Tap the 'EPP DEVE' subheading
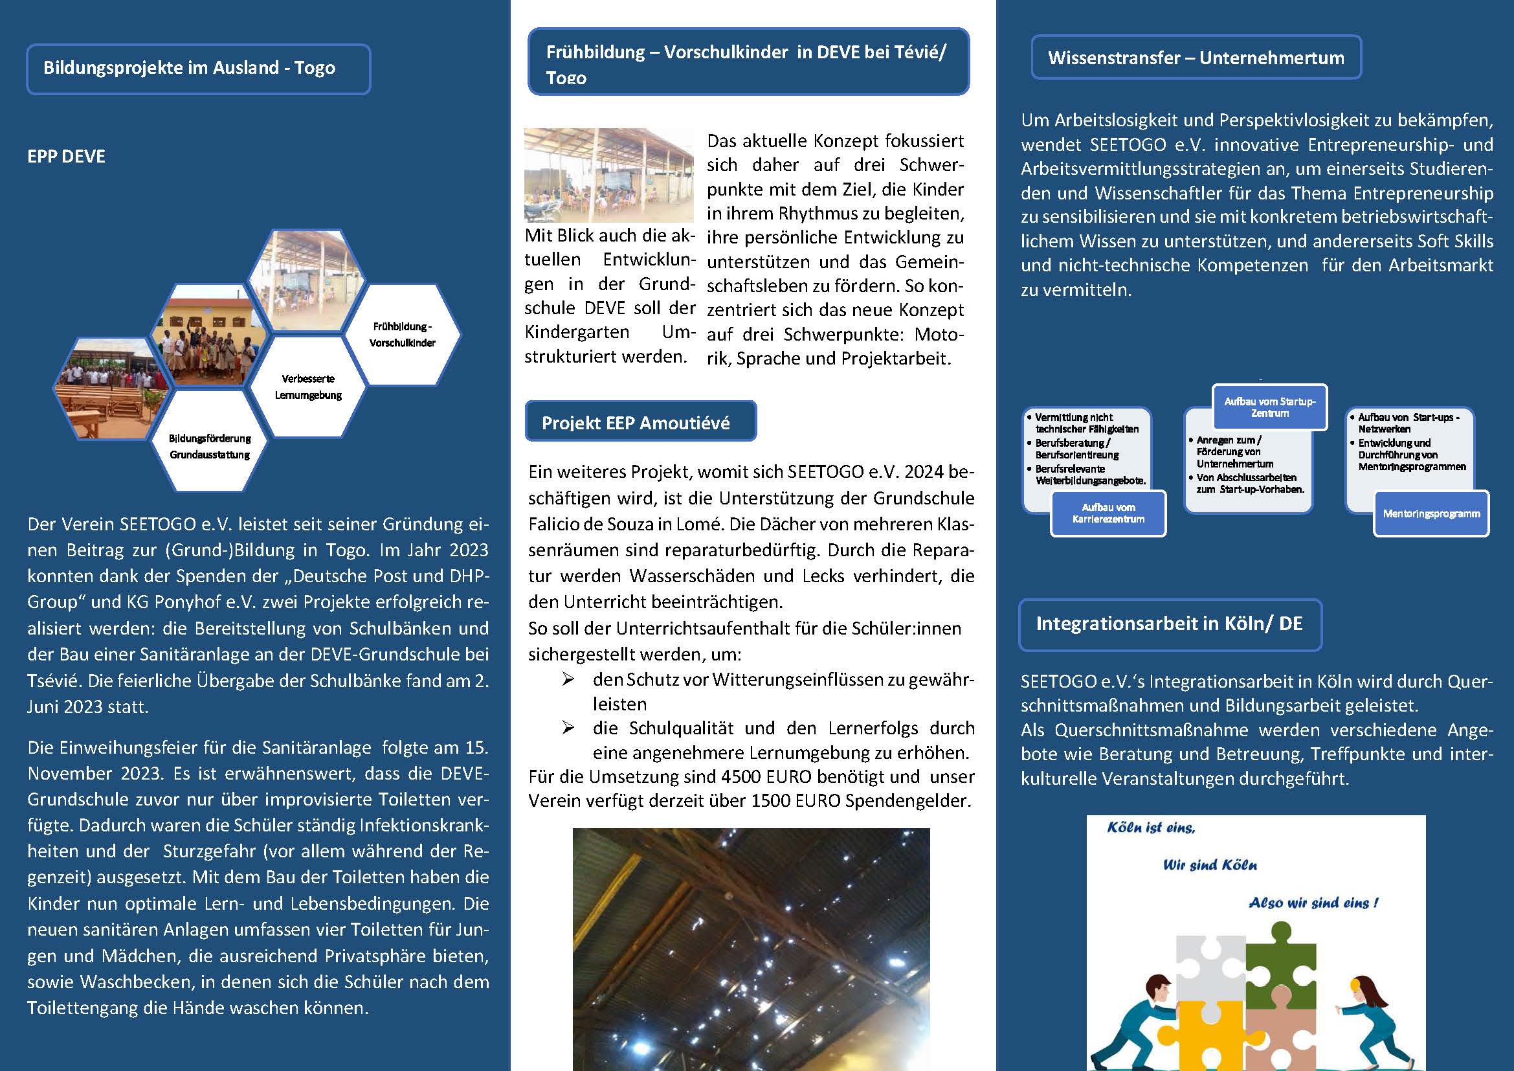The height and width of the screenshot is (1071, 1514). [x=66, y=156]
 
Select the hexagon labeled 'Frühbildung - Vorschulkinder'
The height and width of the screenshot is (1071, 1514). [x=402, y=334]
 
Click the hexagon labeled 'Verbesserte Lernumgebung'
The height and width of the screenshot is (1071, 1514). [x=308, y=387]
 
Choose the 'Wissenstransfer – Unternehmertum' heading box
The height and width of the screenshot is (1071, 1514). [x=1196, y=58]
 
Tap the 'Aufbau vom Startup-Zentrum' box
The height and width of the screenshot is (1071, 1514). [x=1269, y=407]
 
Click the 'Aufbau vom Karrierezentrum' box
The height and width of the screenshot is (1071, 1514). [x=1108, y=513]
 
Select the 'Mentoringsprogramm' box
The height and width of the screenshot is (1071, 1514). [x=1431, y=513]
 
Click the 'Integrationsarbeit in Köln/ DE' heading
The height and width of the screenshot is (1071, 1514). [x=1169, y=624]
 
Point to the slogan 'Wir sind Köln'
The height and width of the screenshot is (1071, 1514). [x=1209, y=865]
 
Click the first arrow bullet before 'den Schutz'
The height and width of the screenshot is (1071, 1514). [x=568, y=679]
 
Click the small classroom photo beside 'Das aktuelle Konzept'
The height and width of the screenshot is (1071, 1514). [x=608, y=175]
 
